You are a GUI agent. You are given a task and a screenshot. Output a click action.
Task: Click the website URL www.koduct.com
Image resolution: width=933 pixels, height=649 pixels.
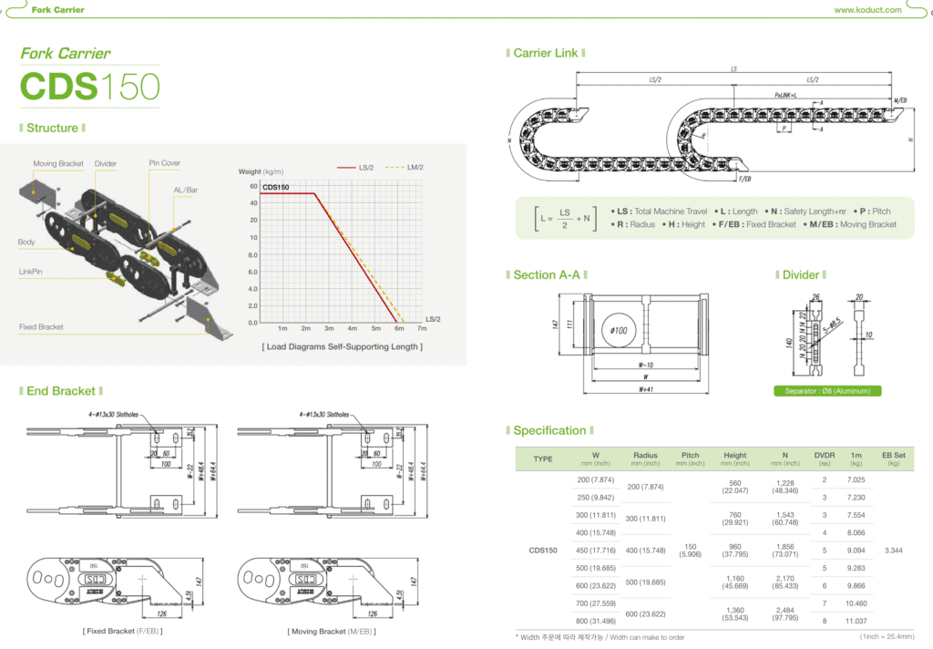click(x=867, y=10)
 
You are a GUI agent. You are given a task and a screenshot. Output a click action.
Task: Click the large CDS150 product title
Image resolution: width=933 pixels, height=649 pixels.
click(x=90, y=87)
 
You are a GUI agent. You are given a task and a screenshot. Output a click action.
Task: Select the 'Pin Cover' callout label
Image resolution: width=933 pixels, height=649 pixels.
click(x=165, y=163)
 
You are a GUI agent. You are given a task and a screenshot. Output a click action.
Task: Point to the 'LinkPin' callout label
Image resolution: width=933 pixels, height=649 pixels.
click(x=30, y=272)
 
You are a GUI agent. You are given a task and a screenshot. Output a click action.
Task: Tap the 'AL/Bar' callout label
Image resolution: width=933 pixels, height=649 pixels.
click(x=186, y=190)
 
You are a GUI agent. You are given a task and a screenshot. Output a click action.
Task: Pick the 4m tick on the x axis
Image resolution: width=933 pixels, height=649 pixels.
click(x=353, y=328)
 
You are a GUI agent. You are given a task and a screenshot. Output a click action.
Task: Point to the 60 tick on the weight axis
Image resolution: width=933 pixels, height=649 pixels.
click(x=252, y=186)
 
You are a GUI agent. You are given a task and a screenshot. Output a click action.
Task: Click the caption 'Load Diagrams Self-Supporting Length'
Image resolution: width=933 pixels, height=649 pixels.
click(x=342, y=346)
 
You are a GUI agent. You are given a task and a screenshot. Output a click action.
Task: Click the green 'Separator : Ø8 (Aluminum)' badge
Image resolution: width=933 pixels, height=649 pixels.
click(x=826, y=391)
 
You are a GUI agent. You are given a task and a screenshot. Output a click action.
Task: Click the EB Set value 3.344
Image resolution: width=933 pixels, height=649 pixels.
click(x=894, y=551)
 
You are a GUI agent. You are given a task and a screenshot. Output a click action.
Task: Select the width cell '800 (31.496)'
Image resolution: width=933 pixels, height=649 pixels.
click(x=596, y=621)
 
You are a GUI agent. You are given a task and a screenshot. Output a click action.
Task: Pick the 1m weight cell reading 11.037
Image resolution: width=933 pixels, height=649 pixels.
click(x=856, y=621)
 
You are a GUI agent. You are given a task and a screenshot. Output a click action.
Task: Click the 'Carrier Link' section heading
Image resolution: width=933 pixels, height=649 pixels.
click(x=545, y=53)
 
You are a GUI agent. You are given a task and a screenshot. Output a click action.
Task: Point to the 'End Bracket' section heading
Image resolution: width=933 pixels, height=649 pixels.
click(x=61, y=391)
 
